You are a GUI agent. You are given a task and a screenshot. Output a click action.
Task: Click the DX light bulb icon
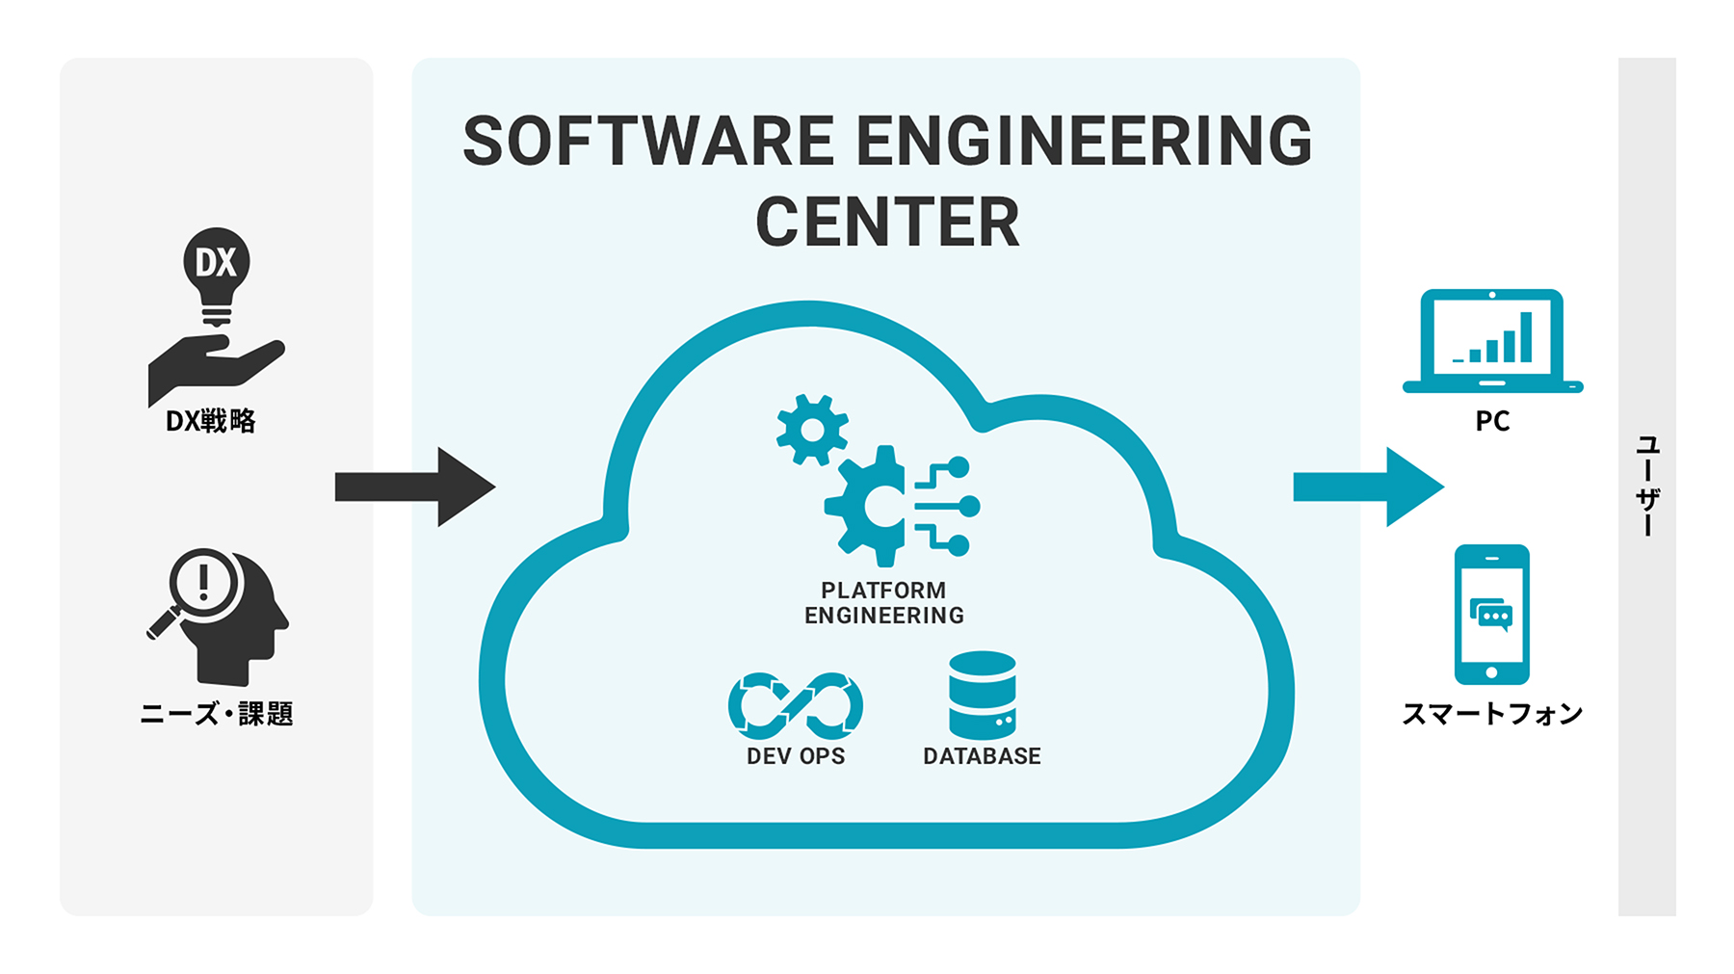[x=217, y=275]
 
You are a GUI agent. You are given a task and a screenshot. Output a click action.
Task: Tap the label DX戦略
[x=211, y=421]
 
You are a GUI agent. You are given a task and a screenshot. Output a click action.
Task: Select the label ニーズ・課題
[x=216, y=714]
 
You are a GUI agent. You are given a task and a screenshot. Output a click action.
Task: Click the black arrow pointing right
[x=414, y=487]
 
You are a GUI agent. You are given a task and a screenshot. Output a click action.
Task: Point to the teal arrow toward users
[x=1367, y=487]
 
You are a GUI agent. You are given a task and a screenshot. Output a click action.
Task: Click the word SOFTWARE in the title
[x=648, y=142]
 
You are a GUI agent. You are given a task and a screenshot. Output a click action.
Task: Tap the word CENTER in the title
[x=887, y=223]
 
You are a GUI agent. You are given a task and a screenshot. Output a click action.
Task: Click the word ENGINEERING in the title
[x=1084, y=142]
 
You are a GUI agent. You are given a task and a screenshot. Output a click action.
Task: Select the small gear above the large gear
[x=812, y=430]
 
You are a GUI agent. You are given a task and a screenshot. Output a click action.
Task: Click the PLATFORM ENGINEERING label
[x=884, y=603]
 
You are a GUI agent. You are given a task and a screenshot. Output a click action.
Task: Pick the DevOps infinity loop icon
[x=796, y=705]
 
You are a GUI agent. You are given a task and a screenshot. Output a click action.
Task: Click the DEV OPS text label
[x=796, y=756]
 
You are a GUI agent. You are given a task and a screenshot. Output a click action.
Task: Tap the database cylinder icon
[x=982, y=695]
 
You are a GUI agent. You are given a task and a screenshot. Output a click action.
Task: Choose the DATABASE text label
[x=982, y=756]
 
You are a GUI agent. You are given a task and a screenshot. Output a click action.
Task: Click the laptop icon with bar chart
[x=1492, y=341]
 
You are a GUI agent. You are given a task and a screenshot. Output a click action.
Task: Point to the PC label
[x=1492, y=421]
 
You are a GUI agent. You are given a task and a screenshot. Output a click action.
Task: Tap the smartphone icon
[x=1491, y=614]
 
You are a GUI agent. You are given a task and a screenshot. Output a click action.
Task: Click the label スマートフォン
[x=1492, y=714]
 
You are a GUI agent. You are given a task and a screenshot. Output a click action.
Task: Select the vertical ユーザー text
[x=1647, y=486]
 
